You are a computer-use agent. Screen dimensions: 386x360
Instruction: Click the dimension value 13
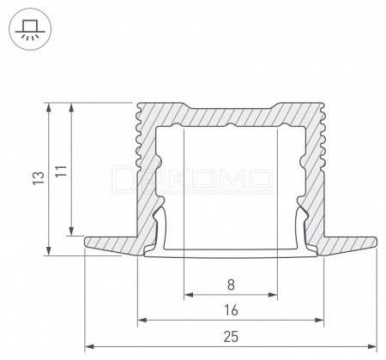click(39, 178)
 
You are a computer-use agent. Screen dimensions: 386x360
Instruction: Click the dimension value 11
click(61, 171)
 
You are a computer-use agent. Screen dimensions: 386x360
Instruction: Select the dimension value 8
click(231, 285)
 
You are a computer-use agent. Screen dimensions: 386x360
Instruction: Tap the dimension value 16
click(231, 310)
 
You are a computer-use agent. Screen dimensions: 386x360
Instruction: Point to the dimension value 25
click(231, 337)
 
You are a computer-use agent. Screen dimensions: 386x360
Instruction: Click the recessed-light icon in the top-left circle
click(30, 29)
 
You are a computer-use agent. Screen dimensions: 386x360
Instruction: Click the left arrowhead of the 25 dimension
click(89, 346)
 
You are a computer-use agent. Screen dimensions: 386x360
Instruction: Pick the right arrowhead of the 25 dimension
click(372, 346)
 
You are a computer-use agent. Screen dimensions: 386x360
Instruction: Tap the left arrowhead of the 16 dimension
click(142, 320)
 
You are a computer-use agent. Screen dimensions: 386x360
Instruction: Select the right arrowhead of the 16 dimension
click(319, 320)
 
